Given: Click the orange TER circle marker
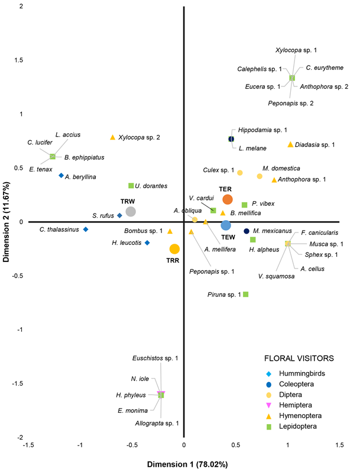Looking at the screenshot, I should [x=228, y=199].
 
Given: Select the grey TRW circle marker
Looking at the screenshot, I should [x=131, y=211].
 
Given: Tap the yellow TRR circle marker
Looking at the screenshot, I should [x=174, y=249].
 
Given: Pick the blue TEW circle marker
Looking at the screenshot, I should [x=226, y=225].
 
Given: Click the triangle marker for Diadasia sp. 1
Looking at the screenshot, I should [x=290, y=144].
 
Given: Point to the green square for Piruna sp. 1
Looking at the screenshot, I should [x=246, y=294].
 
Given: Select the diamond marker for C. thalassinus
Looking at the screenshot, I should [x=86, y=229].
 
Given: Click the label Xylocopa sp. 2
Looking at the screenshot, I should [x=139, y=137].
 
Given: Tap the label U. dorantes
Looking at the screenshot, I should [x=151, y=186].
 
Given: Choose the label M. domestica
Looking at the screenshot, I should [x=281, y=168].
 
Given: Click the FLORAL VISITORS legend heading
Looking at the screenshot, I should [x=299, y=358].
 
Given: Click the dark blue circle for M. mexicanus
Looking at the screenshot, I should [x=247, y=231].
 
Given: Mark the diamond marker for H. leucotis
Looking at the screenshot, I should [x=147, y=243].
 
